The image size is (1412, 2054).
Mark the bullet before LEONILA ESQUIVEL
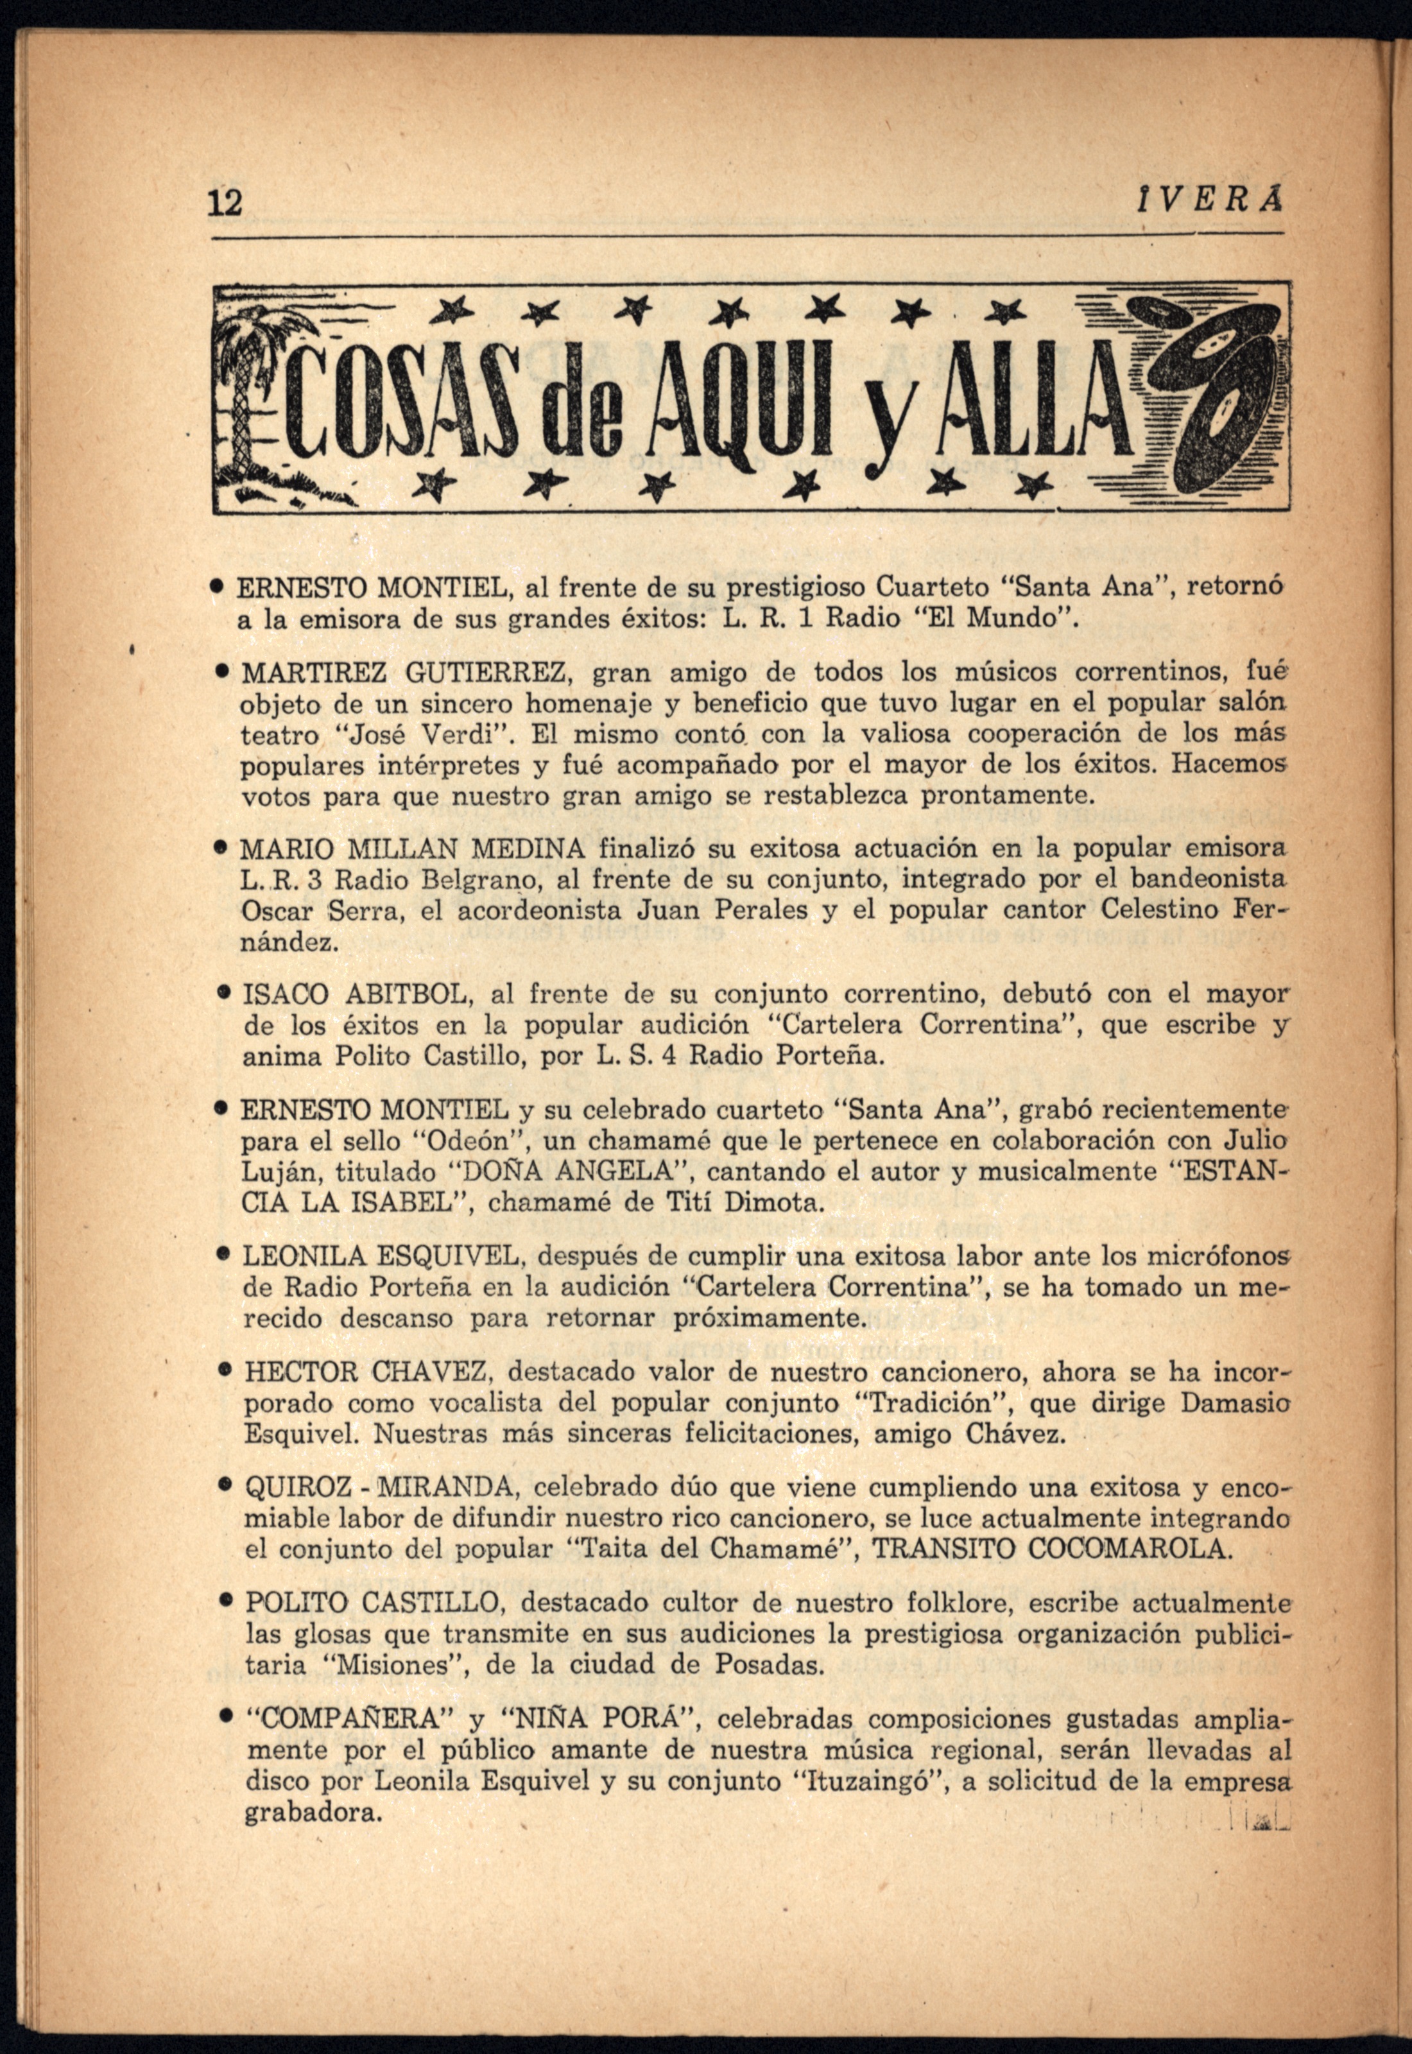click(x=227, y=1256)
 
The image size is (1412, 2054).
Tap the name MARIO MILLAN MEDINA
click(x=412, y=850)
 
